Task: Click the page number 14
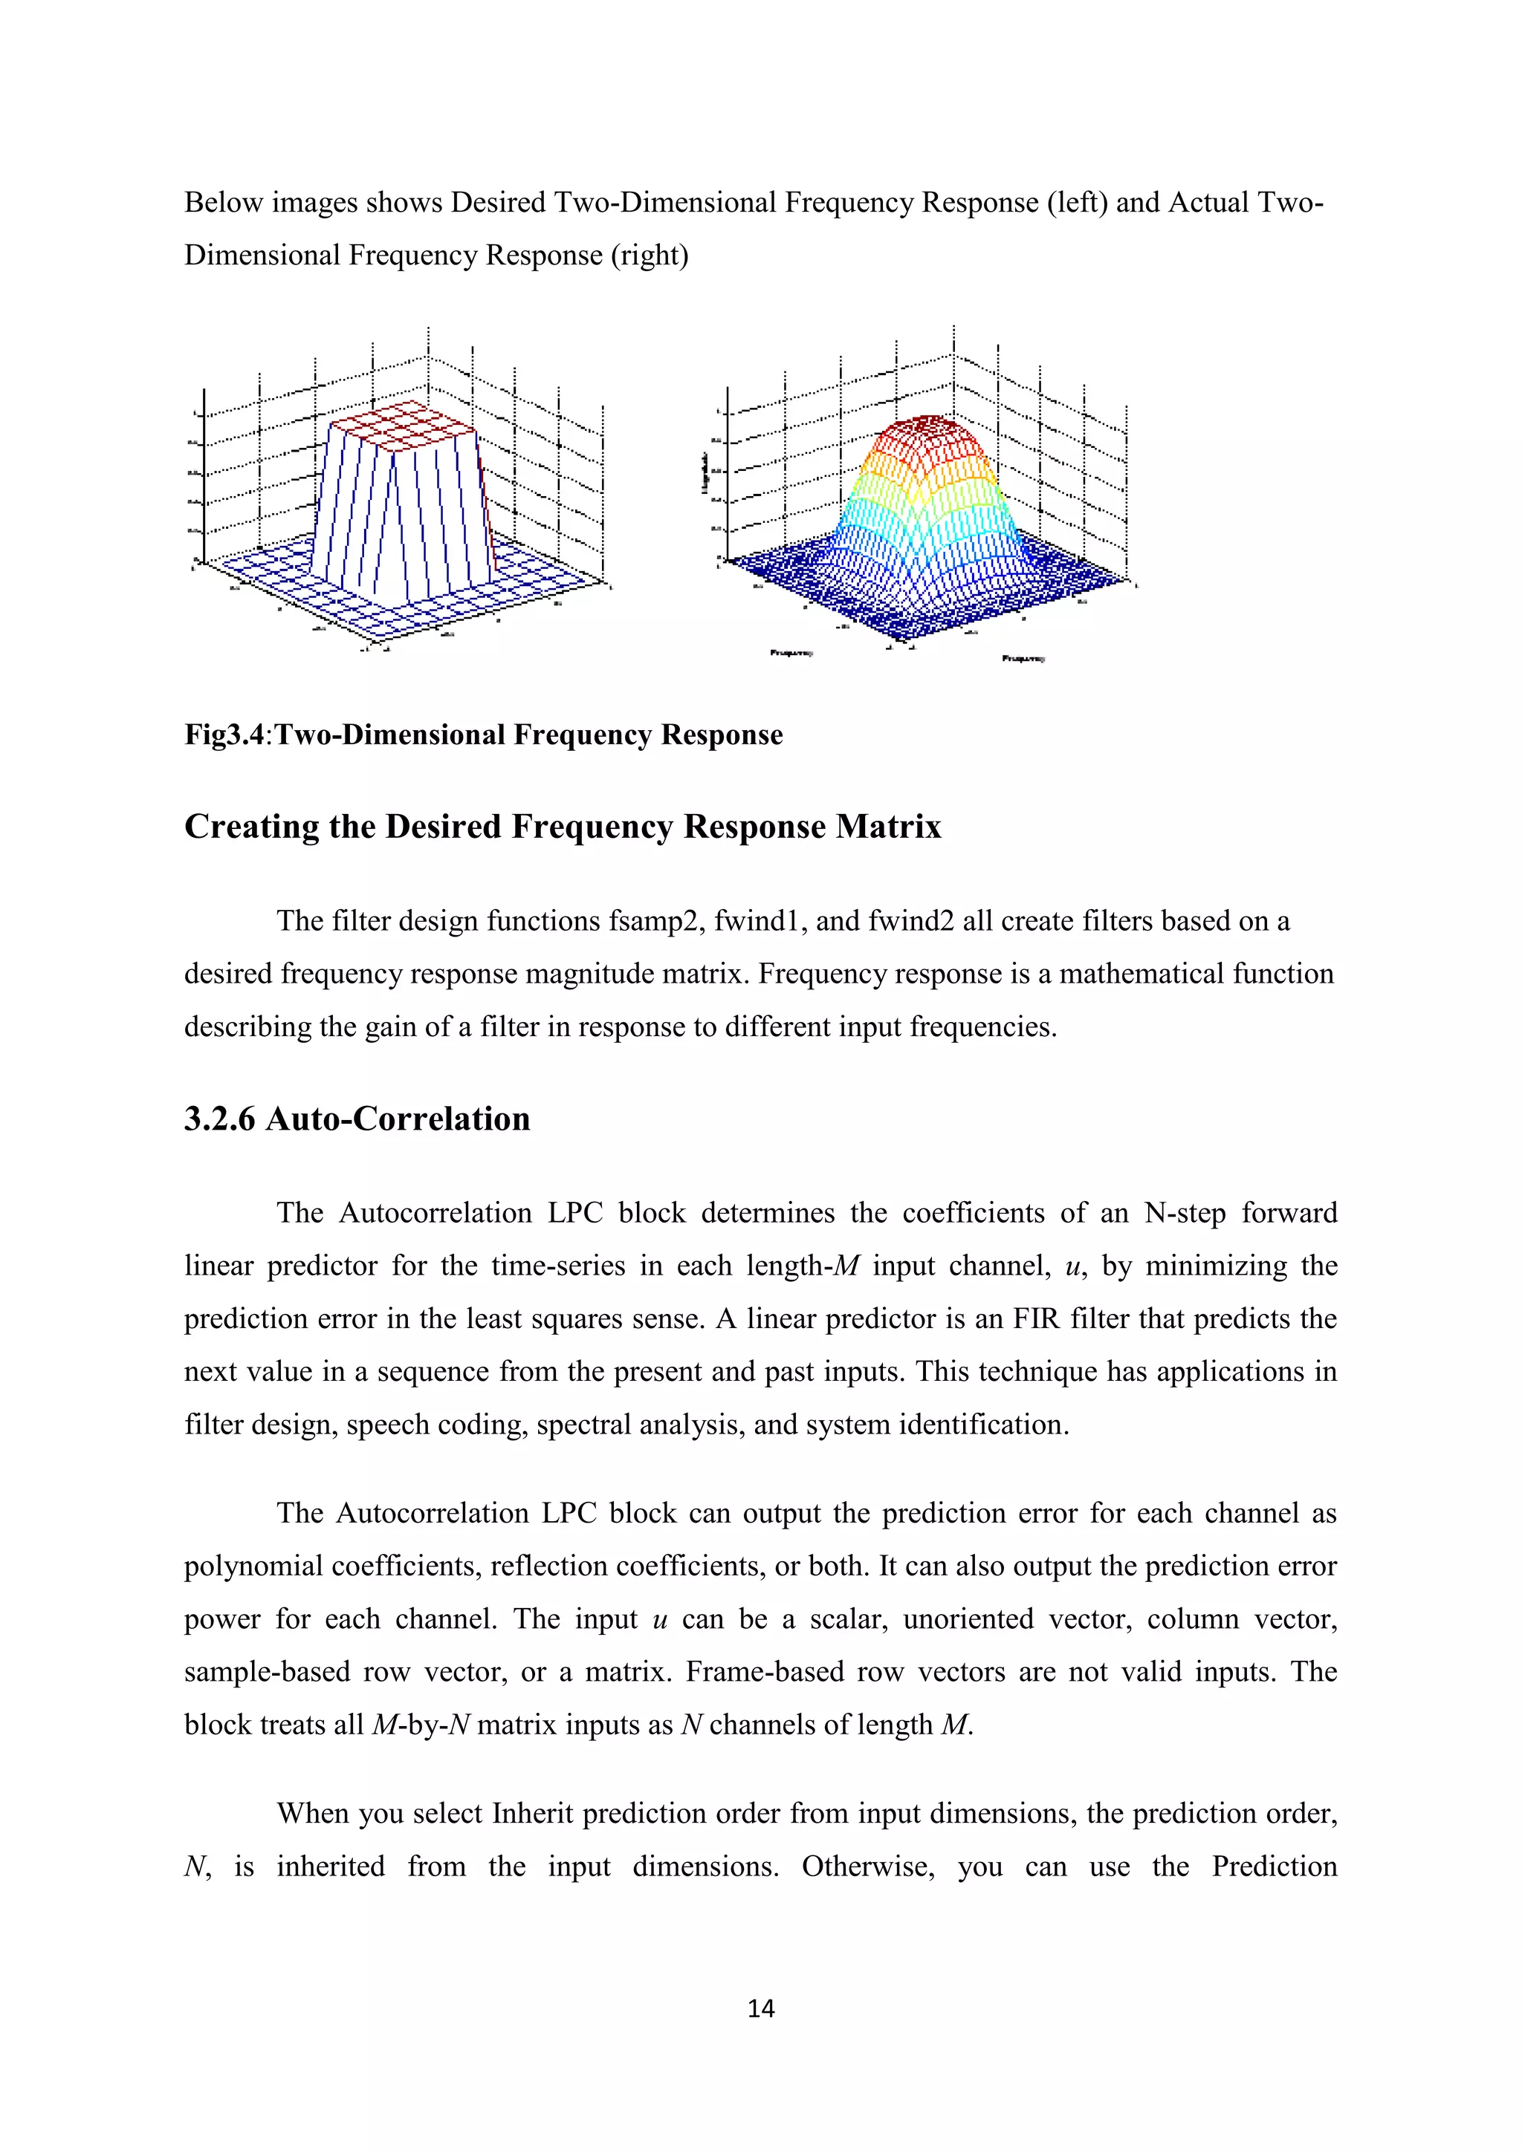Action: click(x=760, y=2008)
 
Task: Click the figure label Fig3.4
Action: click(x=225, y=735)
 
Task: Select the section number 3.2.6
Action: click(x=219, y=1119)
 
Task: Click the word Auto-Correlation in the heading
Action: click(x=398, y=1119)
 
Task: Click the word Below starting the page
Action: click(x=223, y=202)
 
